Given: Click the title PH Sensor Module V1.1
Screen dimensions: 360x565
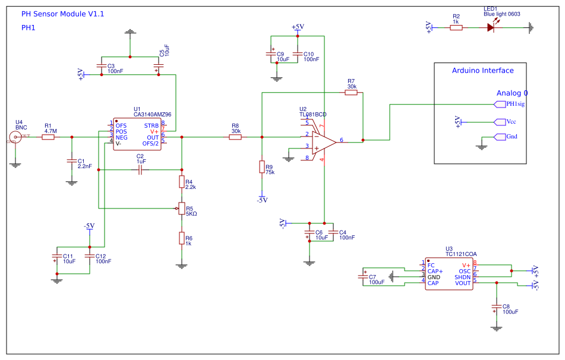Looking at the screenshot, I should pos(62,14).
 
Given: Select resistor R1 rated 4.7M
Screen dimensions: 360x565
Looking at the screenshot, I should pos(48,137).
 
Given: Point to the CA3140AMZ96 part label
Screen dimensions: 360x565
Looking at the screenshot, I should pos(152,115).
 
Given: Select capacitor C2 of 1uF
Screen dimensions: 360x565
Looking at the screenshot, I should pos(140,170).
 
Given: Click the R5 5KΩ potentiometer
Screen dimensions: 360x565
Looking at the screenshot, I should pos(181,208).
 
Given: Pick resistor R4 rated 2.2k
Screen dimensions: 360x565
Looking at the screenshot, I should pos(181,181).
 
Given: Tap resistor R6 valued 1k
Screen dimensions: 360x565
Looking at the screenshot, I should pos(181,238).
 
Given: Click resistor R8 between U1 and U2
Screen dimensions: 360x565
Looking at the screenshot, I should pos(235,137).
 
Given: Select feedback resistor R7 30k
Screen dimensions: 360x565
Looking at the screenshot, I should pos(352,93).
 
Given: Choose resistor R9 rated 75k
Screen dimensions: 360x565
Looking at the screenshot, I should pos(261,167).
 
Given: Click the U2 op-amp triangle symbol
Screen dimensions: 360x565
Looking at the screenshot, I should pos(324,141).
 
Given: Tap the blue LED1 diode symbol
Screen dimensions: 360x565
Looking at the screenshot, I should pos(491,27).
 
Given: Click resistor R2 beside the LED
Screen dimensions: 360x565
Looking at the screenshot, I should pos(456,27).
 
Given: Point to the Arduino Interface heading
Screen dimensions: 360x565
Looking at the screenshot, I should pos(482,71).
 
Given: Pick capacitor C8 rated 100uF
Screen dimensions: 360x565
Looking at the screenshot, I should pos(496,307).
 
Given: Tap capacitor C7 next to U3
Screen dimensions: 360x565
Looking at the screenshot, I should pos(363,276).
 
